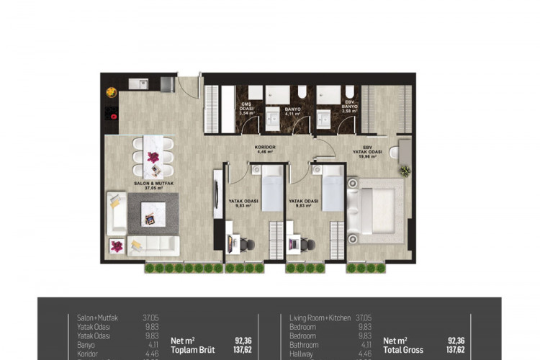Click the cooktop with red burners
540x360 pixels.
coord(112,112)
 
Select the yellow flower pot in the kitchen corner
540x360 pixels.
coord(112,91)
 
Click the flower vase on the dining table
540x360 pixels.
coord(153,157)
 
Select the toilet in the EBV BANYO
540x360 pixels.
coord(349,93)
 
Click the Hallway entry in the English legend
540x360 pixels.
coord(302,354)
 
